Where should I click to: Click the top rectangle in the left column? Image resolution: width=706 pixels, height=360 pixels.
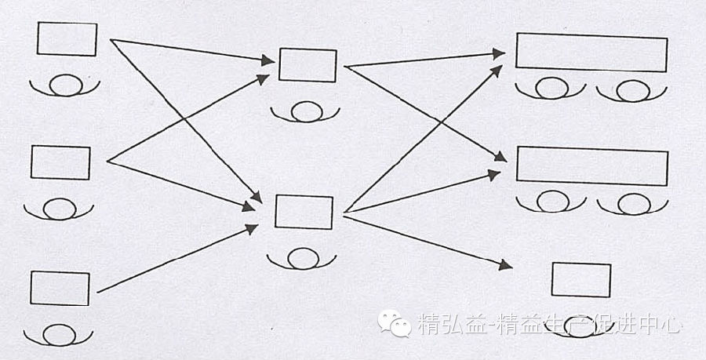pos(67,39)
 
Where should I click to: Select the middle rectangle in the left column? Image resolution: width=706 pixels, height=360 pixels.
pos(60,162)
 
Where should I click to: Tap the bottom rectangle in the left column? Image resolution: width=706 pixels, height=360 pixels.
pos(60,289)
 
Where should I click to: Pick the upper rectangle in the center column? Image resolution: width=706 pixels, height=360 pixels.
pos(308,64)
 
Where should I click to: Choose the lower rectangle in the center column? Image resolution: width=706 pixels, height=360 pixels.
pos(304,213)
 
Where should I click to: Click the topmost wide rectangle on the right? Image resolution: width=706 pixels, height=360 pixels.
pos(591,52)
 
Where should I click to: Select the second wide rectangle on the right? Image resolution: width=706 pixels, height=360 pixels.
pos(591,166)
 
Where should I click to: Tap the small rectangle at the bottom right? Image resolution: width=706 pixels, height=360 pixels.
pos(581,280)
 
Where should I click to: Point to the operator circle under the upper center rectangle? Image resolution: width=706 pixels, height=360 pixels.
pos(306,112)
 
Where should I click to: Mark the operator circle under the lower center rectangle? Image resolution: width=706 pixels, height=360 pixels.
pos(302,257)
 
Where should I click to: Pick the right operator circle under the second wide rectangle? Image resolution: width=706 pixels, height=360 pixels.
pos(631,204)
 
